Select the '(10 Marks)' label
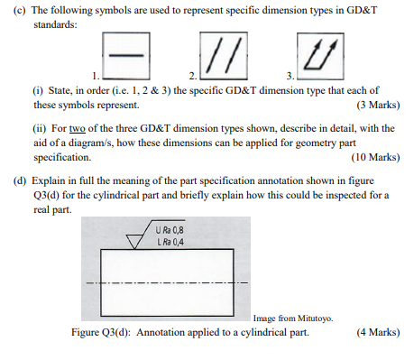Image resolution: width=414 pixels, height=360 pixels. tap(371, 157)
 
